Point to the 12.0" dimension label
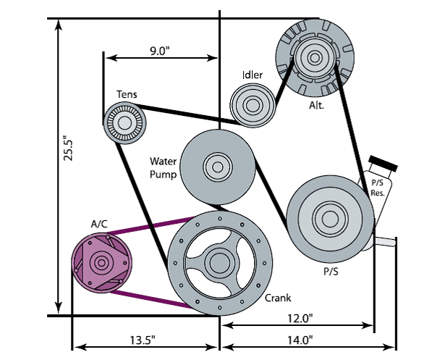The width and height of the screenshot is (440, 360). click(x=299, y=318)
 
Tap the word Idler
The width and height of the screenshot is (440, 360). click(x=251, y=75)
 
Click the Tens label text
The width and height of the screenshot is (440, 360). click(x=127, y=94)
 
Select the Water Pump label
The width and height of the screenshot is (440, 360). click(x=164, y=167)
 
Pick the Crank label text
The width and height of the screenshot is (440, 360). click(x=278, y=298)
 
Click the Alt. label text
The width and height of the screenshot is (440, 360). click(x=316, y=104)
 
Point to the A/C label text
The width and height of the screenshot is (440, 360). click(x=99, y=223)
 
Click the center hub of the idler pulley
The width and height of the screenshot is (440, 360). click(x=252, y=104)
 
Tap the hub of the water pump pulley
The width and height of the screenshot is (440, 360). click(x=216, y=167)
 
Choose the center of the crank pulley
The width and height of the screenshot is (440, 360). click(x=219, y=260)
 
